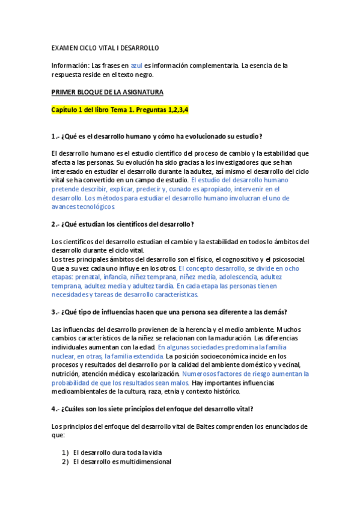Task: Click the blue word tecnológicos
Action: click(x=91, y=206)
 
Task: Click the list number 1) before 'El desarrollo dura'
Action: click(x=66, y=452)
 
